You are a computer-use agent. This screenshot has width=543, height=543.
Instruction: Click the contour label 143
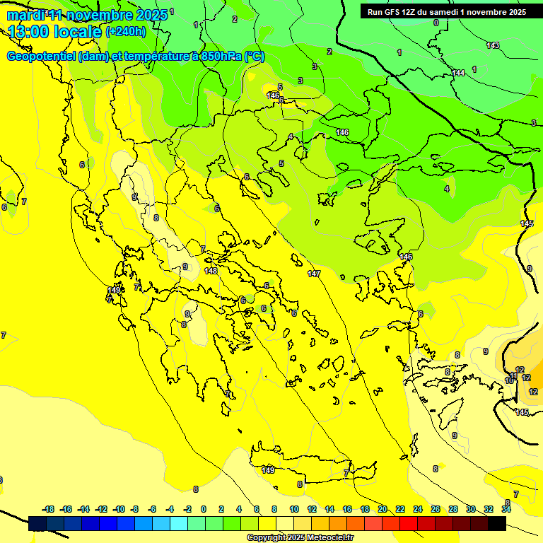click(493, 45)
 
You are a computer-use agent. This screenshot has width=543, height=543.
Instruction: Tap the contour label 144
click(458, 73)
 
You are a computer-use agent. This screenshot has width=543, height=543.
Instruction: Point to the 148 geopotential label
click(211, 271)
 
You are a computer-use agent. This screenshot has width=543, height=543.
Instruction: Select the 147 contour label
click(315, 274)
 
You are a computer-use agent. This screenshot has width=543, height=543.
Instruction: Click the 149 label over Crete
click(268, 470)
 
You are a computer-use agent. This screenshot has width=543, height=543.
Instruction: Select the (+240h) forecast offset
click(126, 31)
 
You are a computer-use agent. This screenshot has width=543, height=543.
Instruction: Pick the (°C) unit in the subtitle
click(255, 57)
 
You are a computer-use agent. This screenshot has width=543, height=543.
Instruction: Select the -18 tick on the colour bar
click(48, 509)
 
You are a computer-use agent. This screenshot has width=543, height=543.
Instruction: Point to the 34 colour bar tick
click(506, 509)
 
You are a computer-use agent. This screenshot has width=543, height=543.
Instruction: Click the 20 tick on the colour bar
click(383, 509)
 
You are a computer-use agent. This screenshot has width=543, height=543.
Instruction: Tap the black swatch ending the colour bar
click(497, 524)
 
